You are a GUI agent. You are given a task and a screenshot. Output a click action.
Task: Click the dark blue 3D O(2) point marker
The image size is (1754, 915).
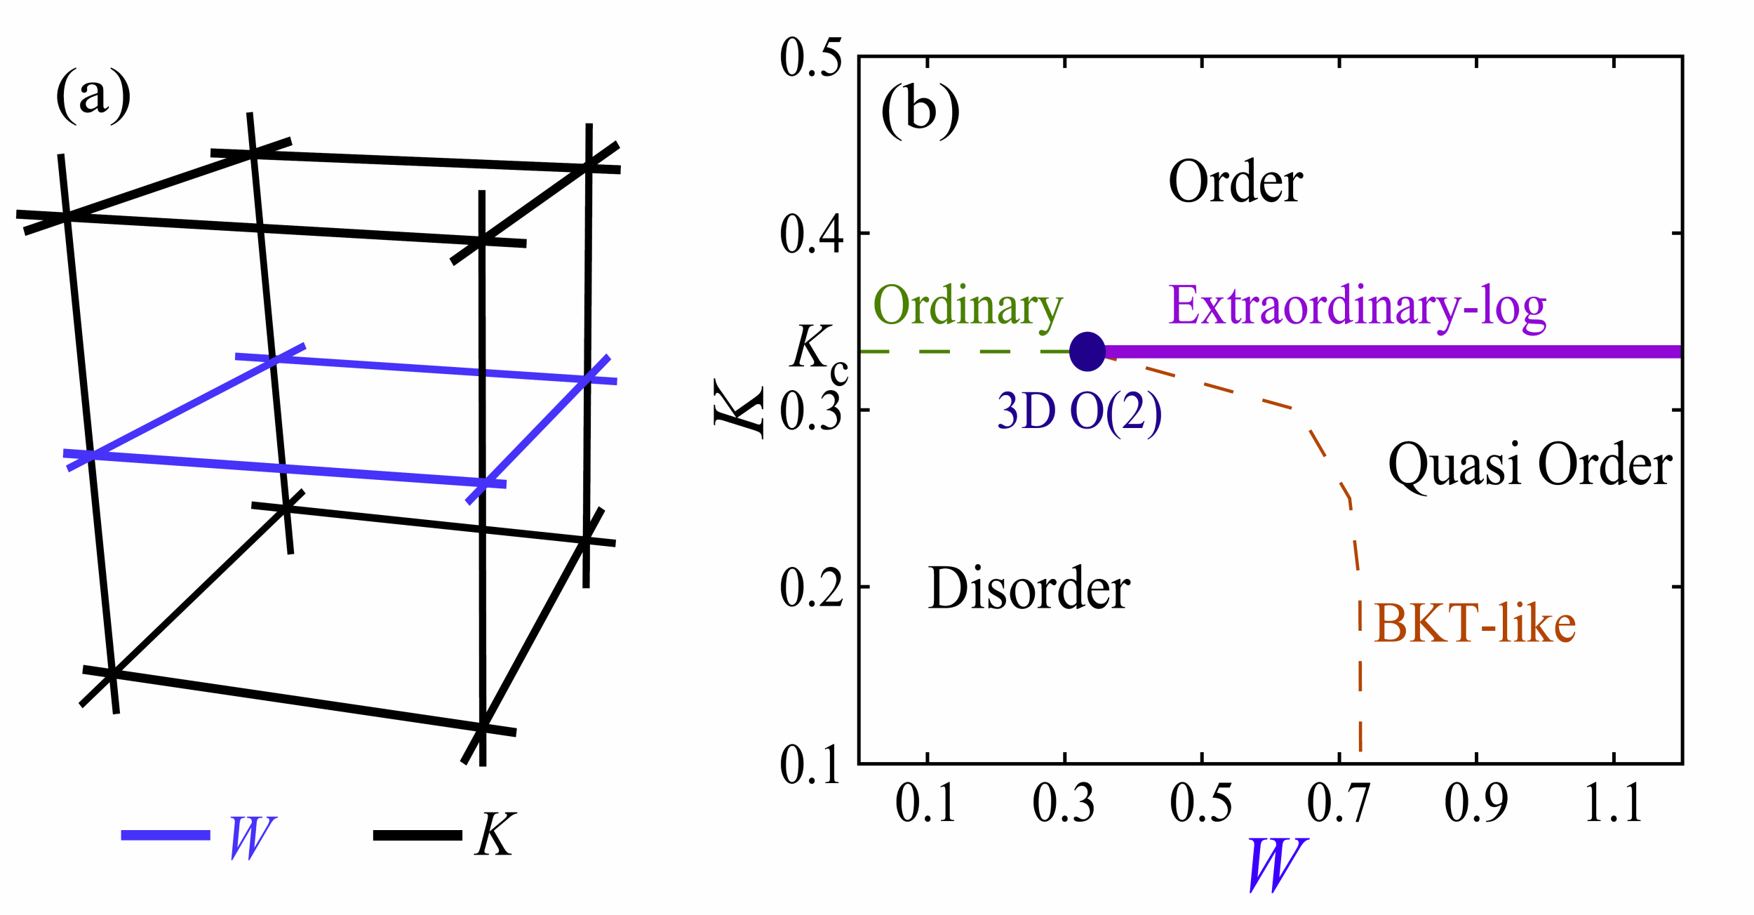click(x=1087, y=352)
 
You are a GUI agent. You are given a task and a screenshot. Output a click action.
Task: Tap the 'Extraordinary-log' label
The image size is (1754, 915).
click(x=1357, y=307)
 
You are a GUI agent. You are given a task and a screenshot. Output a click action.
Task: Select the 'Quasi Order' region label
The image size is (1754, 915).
click(x=1530, y=465)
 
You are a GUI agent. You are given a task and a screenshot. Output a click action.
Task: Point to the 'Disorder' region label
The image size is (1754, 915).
click(x=1029, y=588)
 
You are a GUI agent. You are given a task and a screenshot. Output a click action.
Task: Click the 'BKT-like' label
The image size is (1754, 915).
click(x=1475, y=623)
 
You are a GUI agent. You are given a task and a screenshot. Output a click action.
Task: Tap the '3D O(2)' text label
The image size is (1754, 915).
click(x=1079, y=411)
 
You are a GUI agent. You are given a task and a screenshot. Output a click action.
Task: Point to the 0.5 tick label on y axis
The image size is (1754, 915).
click(x=810, y=58)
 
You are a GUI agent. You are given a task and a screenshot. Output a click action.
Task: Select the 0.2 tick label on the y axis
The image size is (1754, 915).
click(x=810, y=587)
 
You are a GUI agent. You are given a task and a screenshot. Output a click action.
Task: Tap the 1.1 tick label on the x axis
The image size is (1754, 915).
click(x=1614, y=803)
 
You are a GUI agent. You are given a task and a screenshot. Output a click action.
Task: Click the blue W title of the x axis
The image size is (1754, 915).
click(x=1277, y=864)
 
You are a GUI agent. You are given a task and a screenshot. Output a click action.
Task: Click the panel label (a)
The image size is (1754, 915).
click(x=93, y=96)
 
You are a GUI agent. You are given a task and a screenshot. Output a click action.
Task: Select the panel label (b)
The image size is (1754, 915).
click(x=920, y=111)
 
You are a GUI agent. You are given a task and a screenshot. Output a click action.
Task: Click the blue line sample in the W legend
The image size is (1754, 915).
click(x=166, y=835)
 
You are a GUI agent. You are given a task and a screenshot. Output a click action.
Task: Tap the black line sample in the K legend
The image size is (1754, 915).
click(x=417, y=835)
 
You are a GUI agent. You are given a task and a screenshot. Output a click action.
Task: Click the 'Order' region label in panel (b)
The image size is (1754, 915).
click(x=1235, y=182)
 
